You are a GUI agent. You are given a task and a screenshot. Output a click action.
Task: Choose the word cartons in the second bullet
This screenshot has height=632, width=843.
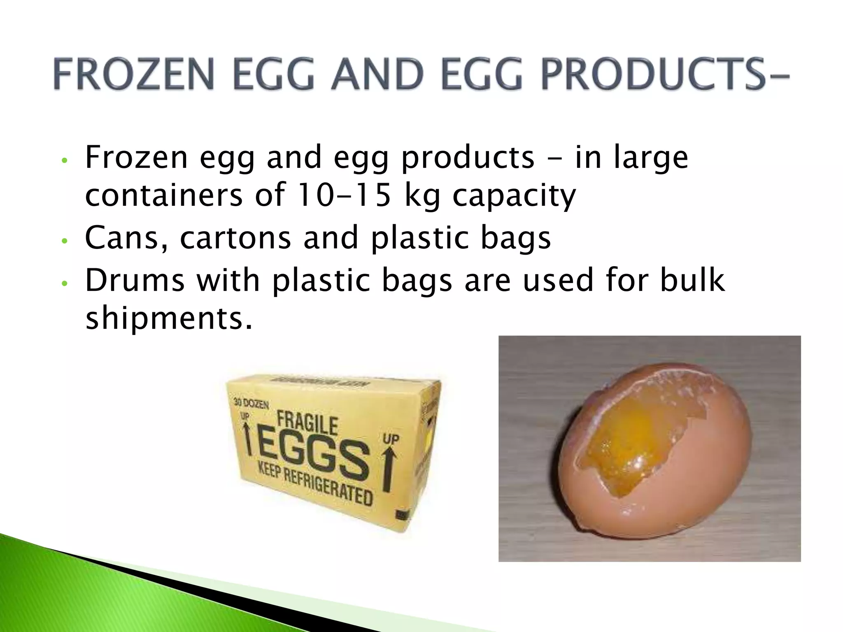click(235, 237)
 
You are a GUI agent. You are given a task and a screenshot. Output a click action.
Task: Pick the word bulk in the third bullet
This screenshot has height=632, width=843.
click(692, 280)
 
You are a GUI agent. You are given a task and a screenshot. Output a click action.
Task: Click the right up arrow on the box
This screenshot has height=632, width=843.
click(389, 469)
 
